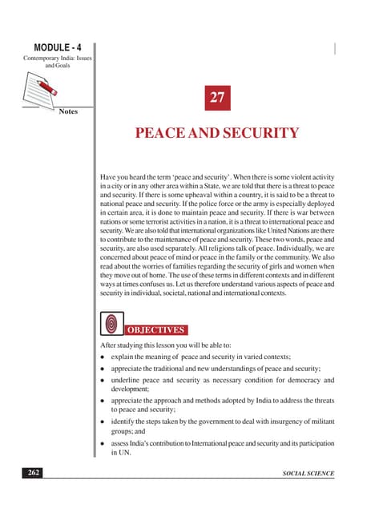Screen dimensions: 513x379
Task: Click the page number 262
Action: tap(33, 475)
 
